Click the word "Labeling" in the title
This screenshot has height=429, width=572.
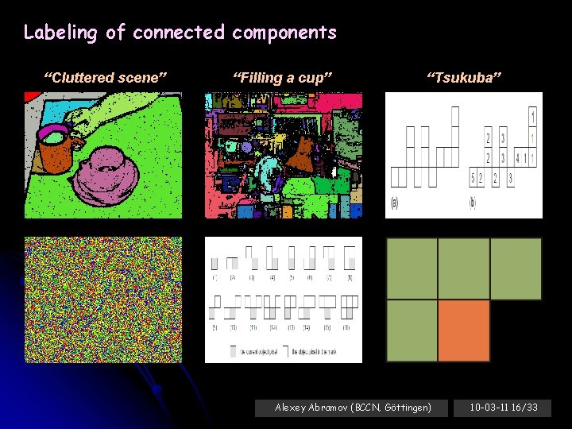(x=60, y=33)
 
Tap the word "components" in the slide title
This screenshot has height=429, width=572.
(x=284, y=33)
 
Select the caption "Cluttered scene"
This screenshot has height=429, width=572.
(x=105, y=77)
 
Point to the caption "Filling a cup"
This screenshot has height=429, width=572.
(x=281, y=77)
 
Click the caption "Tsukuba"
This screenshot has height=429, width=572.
(x=464, y=77)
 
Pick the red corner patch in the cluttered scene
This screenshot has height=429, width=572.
(x=32, y=98)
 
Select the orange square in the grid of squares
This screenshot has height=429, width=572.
(x=464, y=330)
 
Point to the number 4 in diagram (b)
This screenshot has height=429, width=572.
(x=517, y=158)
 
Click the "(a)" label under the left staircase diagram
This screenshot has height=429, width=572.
(x=395, y=203)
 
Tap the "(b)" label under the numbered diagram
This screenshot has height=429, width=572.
(x=473, y=203)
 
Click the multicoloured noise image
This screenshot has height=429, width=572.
(x=102, y=300)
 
